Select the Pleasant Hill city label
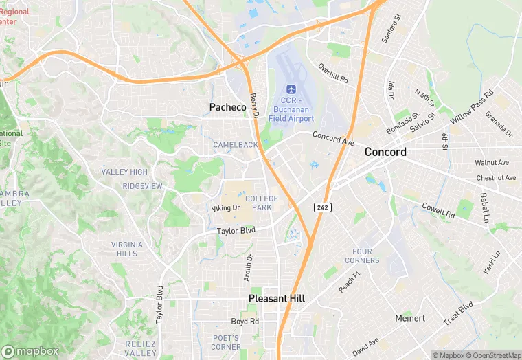pos(277,299)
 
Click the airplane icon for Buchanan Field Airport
pos(291,90)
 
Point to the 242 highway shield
pos(322,207)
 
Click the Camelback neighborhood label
pos(236,145)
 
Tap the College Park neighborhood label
pos(262,203)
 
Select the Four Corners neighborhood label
pos(362,256)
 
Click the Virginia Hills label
pos(127,249)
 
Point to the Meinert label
pos(411,319)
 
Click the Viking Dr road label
pos(225,207)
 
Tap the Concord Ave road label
pos(333,137)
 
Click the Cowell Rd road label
pos(438,210)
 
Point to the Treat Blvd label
pos(459,313)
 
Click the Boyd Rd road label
pos(245,321)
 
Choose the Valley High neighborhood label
pos(124,172)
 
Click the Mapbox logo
pos(30,351)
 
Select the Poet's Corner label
pos(226,342)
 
